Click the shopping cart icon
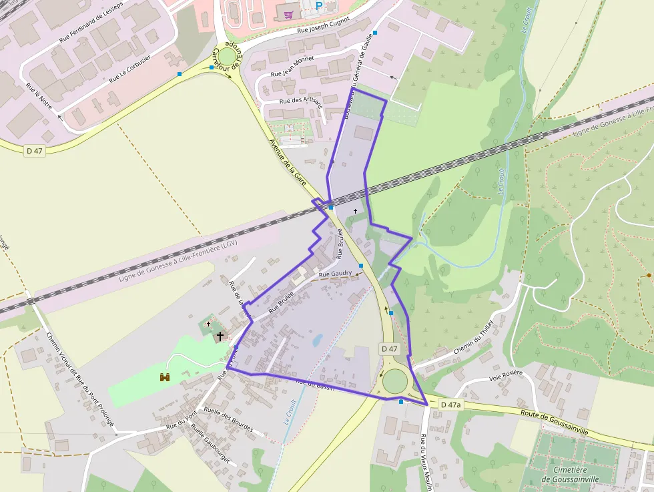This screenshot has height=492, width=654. click(x=289, y=13)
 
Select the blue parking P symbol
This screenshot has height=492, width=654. click(x=319, y=5)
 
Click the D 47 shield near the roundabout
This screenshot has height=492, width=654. click(x=390, y=348)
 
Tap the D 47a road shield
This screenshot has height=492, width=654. click(x=452, y=405)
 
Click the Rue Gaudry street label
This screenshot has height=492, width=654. click(x=335, y=274)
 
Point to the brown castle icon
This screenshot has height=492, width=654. click(x=164, y=377)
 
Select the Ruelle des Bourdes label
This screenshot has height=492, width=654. click(x=228, y=420)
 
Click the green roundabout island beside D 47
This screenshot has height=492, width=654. click(x=394, y=381)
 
